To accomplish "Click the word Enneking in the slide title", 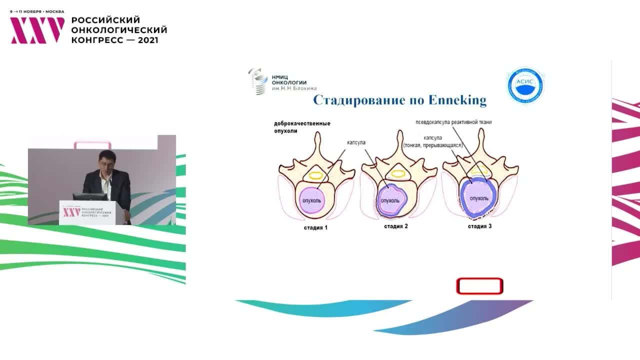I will click(457, 100).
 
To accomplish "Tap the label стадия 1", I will click(315, 227).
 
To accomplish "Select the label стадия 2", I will click(396, 226).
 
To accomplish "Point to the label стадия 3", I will click(479, 226).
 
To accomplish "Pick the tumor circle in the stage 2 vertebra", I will click(390, 200).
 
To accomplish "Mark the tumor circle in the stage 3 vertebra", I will click(478, 198).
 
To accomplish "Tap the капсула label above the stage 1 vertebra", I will click(356, 142).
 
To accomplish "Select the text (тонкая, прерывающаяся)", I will click(433, 145).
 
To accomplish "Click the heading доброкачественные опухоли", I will click(301, 127).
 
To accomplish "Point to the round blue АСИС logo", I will click(525, 86).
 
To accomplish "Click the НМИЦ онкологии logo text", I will click(288, 82).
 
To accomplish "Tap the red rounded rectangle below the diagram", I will click(479, 286).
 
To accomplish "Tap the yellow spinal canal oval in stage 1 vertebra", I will click(316, 175).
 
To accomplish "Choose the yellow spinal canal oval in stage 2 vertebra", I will click(397, 174).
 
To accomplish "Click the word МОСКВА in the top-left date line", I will click(55, 11).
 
